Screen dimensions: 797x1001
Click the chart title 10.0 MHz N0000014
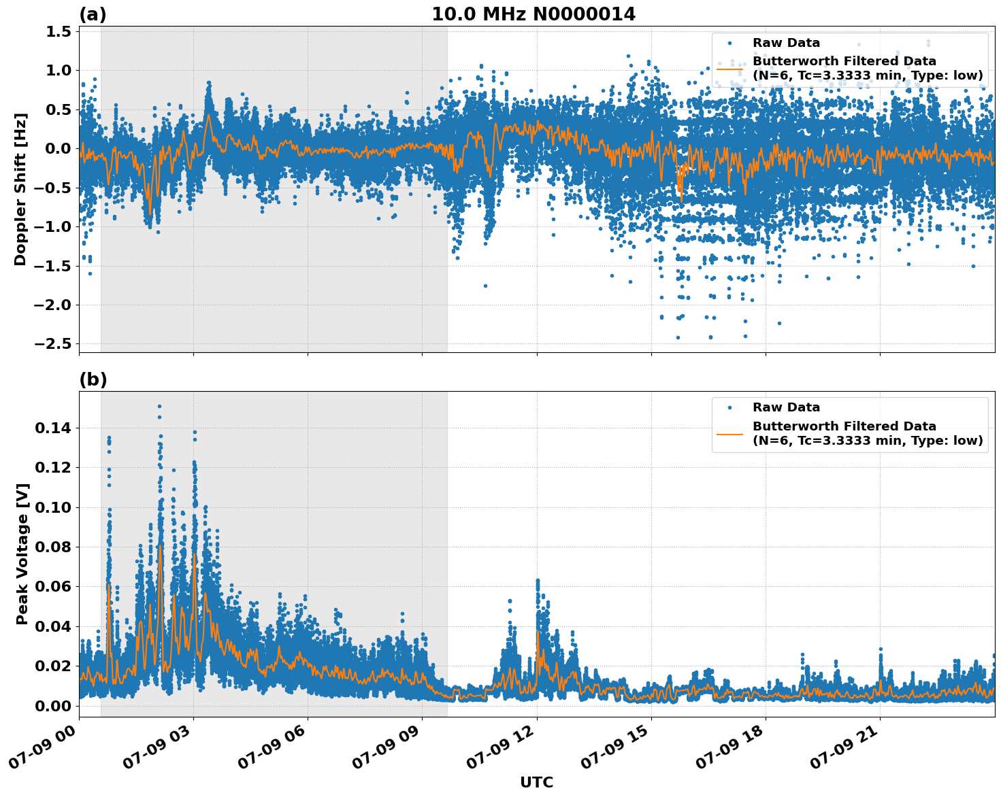(x=534, y=14)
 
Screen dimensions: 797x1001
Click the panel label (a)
(x=93, y=14)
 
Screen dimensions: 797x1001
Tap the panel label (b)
(x=93, y=379)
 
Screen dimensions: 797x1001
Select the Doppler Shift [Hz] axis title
(x=20, y=189)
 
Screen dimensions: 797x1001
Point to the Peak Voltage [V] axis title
(x=22, y=554)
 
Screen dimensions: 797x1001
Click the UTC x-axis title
(x=536, y=782)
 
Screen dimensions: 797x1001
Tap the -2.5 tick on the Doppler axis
(x=52, y=343)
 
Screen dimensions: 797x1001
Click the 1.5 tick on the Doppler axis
(x=59, y=31)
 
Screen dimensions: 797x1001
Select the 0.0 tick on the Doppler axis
(x=59, y=148)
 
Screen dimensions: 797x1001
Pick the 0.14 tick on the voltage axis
(x=53, y=428)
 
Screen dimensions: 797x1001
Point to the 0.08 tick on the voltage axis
(x=53, y=547)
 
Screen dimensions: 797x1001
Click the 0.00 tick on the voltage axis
(x=53, y=705)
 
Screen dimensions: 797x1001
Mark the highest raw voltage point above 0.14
(x=159, y=406)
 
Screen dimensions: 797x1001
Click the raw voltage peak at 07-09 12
(x=538, y=581)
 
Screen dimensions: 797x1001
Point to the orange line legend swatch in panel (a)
(x=730, y=69)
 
